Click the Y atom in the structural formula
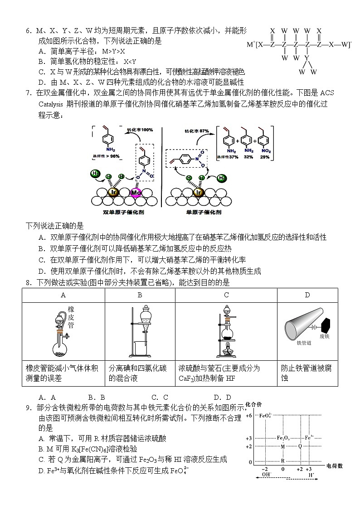tap(307, 58)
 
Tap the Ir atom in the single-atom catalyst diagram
tap(197, 192)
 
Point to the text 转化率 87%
tap(196, 131)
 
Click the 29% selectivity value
tap(265, 157)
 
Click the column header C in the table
tap(226, 295)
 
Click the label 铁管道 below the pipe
tap(305, 344)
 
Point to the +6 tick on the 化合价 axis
tap(248, 415)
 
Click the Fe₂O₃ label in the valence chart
tap(283, 438)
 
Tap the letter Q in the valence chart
tap(300, 446)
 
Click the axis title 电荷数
tap(335, 465)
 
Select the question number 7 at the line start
tap(28, 93)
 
